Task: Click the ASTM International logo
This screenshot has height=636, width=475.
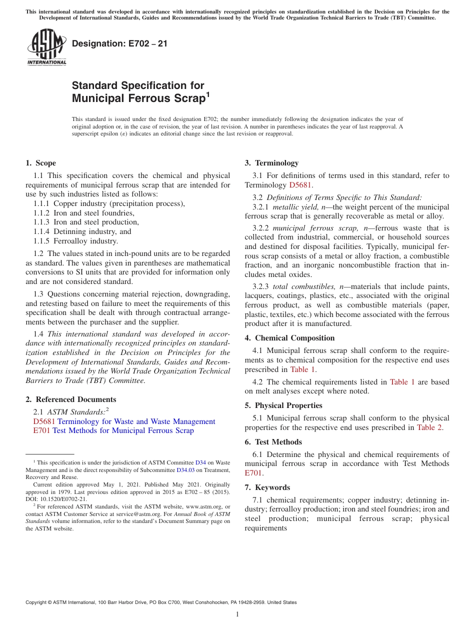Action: (46, 47)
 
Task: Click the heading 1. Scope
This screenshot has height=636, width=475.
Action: (40, 163)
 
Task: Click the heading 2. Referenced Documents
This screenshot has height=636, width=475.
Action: (70, 399)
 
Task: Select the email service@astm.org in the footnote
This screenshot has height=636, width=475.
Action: (132, 514)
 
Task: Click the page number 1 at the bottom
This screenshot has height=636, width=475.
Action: (237, 614)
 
